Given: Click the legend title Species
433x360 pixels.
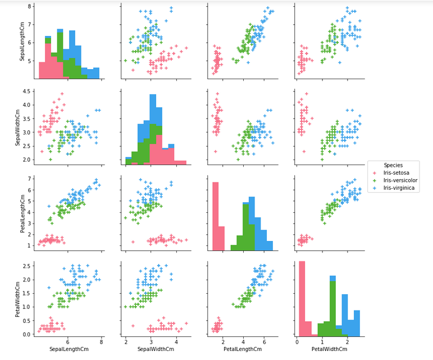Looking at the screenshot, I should pos(393,165).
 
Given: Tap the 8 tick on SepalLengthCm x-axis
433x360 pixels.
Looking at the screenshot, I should pos(102,341).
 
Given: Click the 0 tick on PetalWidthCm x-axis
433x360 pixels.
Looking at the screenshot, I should pos(297,341).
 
